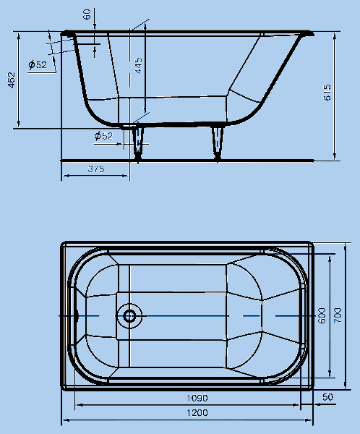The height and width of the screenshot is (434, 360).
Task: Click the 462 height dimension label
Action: point(12,80)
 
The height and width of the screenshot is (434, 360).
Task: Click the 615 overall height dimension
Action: point(327,93)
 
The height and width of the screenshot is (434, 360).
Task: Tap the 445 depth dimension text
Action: point(138,66)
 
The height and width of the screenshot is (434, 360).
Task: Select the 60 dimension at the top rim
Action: point(87,14)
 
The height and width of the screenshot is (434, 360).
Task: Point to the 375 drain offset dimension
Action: point(96,169)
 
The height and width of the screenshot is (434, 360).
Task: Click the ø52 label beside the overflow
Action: point(38,65)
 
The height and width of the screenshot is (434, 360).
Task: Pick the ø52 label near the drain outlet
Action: point(103,136)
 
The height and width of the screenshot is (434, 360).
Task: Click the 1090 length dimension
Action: point(197,398)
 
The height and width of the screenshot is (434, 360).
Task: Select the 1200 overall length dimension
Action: point(197,413)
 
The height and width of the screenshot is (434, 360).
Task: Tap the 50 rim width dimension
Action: point(327,397)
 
